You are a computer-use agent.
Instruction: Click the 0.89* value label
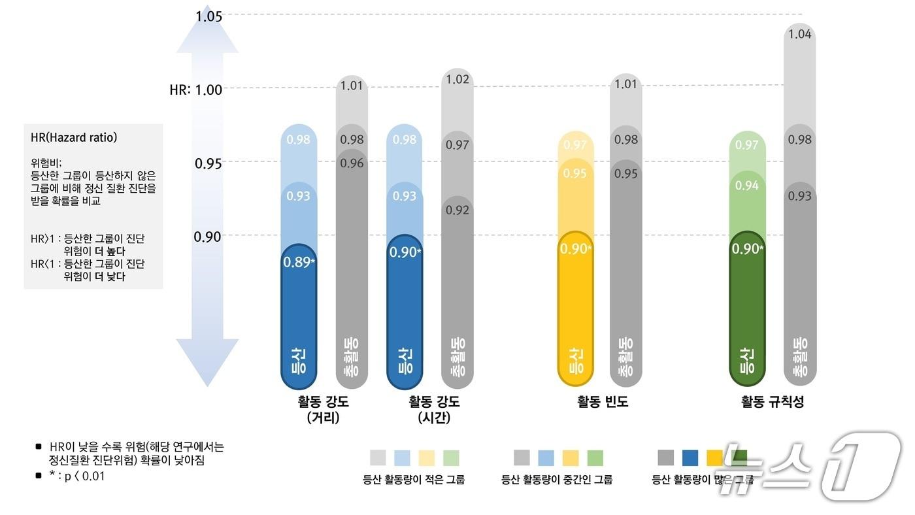[298, 262]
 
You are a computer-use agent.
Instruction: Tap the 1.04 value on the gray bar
[800, 34]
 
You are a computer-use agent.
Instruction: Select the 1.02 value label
[457, 80]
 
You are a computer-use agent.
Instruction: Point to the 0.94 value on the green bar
[747, 186]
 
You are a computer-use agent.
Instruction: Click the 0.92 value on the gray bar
[457, 210]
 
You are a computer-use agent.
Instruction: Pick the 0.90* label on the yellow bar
[576, 249]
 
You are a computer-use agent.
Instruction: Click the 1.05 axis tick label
[208, 16]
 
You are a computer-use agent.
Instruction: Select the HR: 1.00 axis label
[195, 90]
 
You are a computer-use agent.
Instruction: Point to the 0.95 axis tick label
[208, 163]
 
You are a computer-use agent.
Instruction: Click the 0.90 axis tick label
[208, 237]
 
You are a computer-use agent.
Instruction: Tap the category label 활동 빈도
[603, 402]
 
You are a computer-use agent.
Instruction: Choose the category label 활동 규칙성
[773, 402]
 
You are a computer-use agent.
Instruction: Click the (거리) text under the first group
[323, 418]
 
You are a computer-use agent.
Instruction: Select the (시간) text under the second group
[434, 418]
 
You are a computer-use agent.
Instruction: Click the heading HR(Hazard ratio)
[74, 138]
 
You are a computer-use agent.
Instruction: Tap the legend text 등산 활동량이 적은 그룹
[414, 480]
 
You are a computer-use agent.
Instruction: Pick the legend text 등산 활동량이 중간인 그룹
[557, 480]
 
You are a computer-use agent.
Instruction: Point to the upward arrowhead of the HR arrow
[208, 33]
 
